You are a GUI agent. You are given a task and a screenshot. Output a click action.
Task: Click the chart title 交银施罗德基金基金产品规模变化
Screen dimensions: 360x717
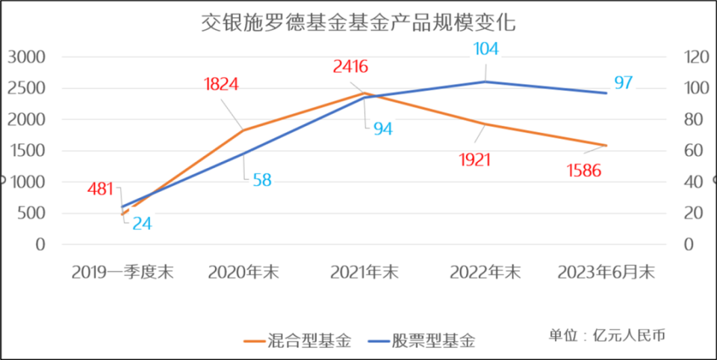tap(358, 23)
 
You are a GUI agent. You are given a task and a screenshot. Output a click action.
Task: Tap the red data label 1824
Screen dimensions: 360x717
tap(221, 84)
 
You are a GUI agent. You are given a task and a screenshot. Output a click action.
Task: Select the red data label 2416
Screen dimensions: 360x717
tap(350, 66)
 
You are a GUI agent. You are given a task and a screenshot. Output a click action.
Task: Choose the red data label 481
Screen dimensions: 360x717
tap(100, 189)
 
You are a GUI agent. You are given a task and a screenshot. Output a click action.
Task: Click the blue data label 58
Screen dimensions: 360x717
tap(261, 180)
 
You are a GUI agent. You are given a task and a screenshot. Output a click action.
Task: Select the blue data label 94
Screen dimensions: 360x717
tap(383, 128)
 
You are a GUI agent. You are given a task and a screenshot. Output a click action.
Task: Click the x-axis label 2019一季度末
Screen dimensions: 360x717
tap(122, 273)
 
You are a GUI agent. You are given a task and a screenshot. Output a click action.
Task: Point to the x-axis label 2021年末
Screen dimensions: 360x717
tap(364, 273)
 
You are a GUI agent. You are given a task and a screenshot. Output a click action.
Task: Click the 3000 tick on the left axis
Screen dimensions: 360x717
tap(27, 57)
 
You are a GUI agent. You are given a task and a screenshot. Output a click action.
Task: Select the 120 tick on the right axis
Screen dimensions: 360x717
tap(694, 57)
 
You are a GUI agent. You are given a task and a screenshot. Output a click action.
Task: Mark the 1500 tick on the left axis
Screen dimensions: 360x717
tap(27, 151)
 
